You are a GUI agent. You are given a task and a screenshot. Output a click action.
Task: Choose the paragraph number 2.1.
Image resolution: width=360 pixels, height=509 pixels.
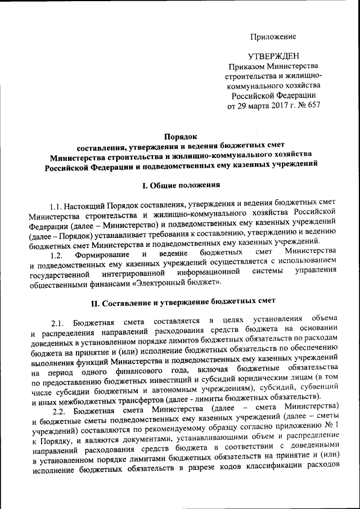(x=58, y=323)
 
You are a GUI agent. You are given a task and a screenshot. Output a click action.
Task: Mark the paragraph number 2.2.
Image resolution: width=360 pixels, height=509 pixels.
(x=58, y=407)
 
